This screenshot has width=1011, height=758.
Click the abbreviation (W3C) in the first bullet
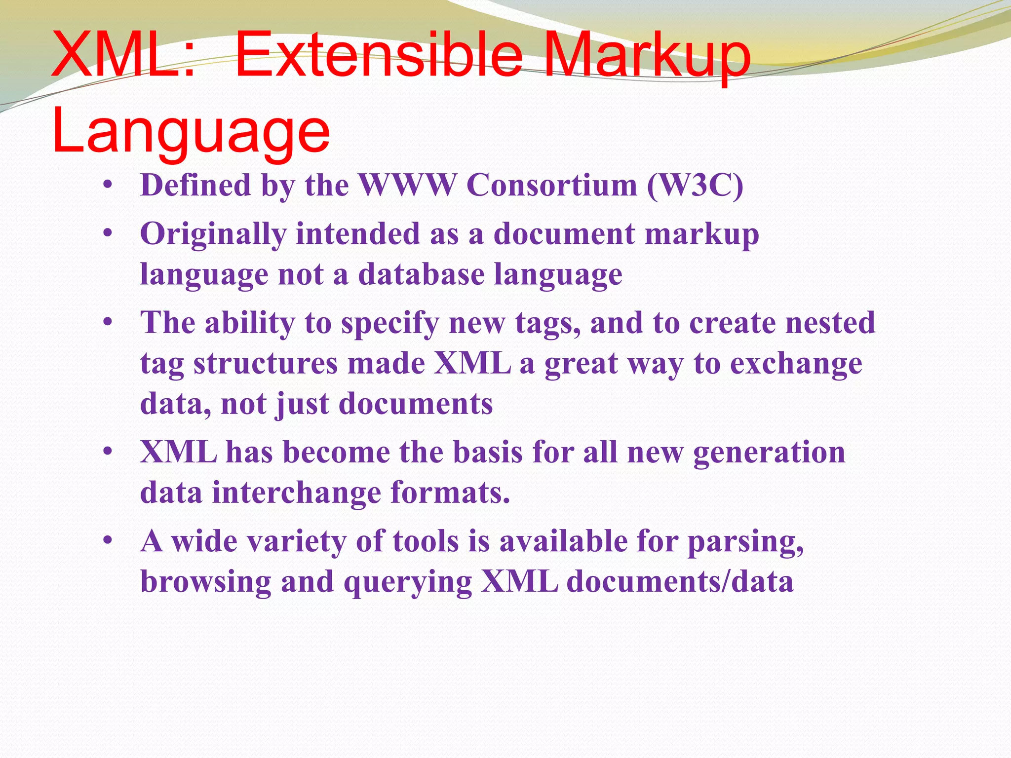pos(695,186)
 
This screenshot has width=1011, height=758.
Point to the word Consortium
pos(552,186)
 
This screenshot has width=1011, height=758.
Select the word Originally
pos(213,234)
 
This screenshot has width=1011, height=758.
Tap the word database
pos(421,274)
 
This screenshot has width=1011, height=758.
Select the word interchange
pos(297,493)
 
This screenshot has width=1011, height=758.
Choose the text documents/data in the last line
pos(680,581)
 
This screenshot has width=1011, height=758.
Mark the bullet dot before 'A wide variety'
pos(108,541)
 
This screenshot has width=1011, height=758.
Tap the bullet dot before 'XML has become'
pos(108,452)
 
